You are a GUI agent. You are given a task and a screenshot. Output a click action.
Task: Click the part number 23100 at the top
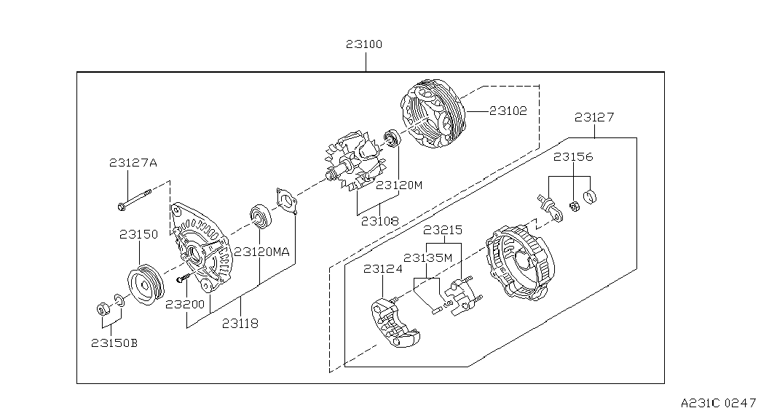tap(364, 44)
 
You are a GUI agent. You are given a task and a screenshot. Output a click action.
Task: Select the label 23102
tap(508, 111)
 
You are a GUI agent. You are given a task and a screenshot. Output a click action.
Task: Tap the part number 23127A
tap(133, 163)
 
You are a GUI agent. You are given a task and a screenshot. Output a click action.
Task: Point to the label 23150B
tap(114, 343)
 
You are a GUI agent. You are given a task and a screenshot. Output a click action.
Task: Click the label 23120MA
tap(262, 252)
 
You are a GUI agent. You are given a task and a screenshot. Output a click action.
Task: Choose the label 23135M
tap(427, 258)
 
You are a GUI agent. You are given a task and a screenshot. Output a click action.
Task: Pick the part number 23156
tap(573, 157)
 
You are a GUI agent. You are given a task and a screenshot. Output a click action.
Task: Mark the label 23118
tap(240, 324)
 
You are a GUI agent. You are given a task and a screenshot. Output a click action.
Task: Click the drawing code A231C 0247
tap(718, 403)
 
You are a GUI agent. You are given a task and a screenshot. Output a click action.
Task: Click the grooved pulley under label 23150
tap(146, 285)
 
